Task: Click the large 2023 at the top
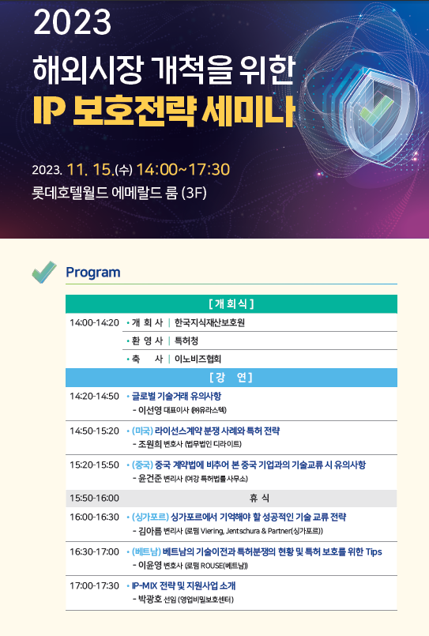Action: click(x=72, y=22)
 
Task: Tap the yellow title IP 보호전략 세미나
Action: click(x=164, y=111)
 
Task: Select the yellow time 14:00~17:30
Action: click(x=183, y=170)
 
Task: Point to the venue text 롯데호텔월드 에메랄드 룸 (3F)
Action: click(x=119, y=193)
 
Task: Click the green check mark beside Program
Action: click(x=44, y=272)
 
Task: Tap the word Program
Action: click(x=93, y=273)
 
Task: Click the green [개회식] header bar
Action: click(x=231, y=304)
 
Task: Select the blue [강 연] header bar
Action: click(x=231, y=378)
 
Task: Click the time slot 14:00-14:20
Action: click(x=95, y=323)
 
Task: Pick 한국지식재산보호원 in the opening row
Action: click(x=209, y=323)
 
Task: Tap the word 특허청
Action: click(x=186, y=341)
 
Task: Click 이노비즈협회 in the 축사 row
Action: click(x=198, y=359)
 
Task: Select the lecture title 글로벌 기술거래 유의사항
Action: click(x=177, y=397)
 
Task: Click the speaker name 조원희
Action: click(x=150, y=444)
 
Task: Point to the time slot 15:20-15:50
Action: click(x=95, y=465)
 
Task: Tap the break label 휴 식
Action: click(x=259, y=498)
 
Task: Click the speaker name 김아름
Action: click(x=150, y=531)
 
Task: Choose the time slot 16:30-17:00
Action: click(x=95, y=551)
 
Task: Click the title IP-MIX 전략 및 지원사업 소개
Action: click(x=183, y=585)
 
